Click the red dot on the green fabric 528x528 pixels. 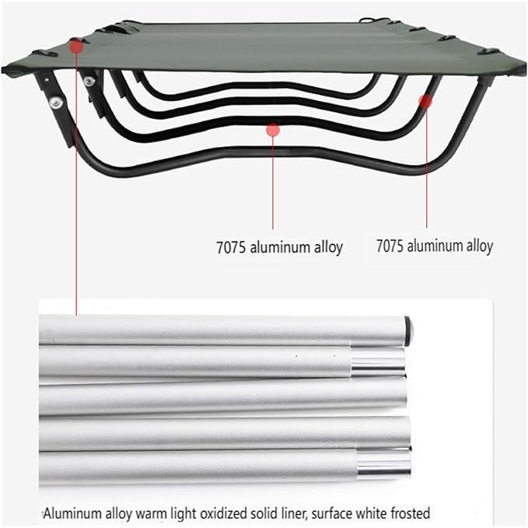[x=76, y=46]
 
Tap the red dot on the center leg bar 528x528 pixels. [x=272, y=129]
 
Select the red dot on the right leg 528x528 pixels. [x=425, y=101]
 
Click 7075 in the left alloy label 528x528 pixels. [x=230, y=248]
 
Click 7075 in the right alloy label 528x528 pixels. [x=390, y=247]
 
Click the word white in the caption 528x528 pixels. [x=369, y=513]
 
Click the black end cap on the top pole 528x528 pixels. [x=408, y=330]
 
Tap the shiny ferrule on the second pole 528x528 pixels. [x=378, y=361]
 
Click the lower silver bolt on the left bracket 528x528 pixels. [x=56, y=102]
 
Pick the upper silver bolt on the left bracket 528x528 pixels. [x=90, y=81]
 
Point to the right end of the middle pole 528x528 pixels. [x=402, y=393]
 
